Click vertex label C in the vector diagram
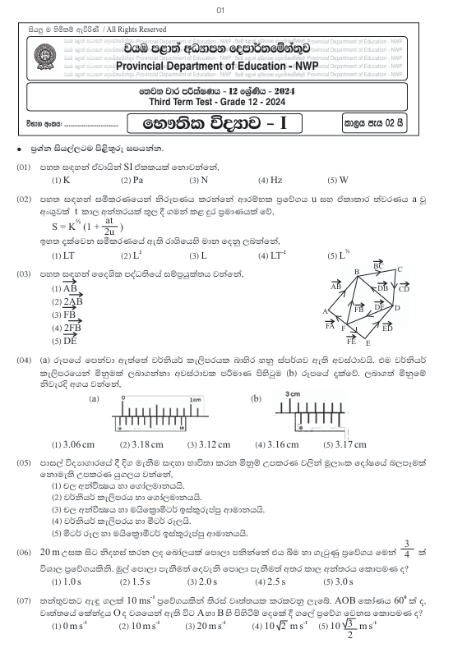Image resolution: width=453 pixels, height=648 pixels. click(400, 269)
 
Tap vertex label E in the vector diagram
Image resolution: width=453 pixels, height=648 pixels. click(367, 343)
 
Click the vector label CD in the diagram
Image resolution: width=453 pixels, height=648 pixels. click(403, 288)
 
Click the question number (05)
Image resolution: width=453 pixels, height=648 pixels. click(24, 464)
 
